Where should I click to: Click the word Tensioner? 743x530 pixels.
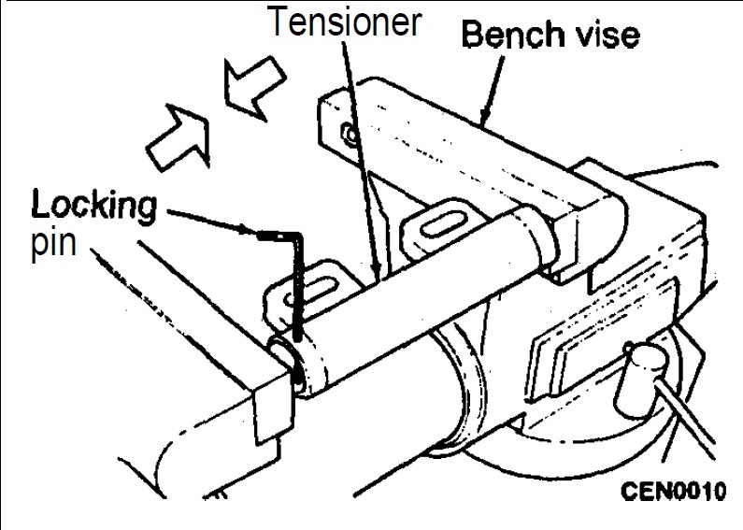pos(345,21)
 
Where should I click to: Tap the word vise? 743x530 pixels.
pos(601,36)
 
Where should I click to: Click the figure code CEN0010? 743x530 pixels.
pos(673,491)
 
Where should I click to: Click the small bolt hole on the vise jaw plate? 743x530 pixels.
pos(351,135)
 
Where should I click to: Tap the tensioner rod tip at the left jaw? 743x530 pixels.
pos(283,358)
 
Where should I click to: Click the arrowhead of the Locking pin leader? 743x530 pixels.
pos(249,231)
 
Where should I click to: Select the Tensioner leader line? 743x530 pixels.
pos(361,161)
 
